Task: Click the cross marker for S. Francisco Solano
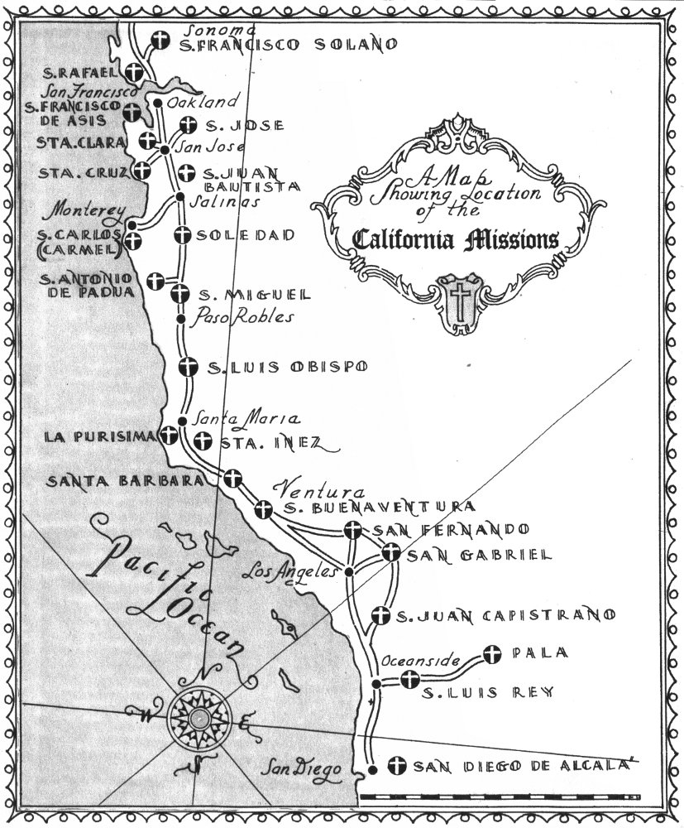point(162,43)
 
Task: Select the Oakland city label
point(202,102)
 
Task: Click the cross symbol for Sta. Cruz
point(143,171)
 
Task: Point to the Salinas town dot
point(180,196)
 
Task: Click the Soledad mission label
point(246,236)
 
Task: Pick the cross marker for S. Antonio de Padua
point(155,281)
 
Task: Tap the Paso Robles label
point(243,316)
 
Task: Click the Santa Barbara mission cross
point(234,479)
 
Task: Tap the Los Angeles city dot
point(349,571)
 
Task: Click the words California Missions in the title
point(455,240)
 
